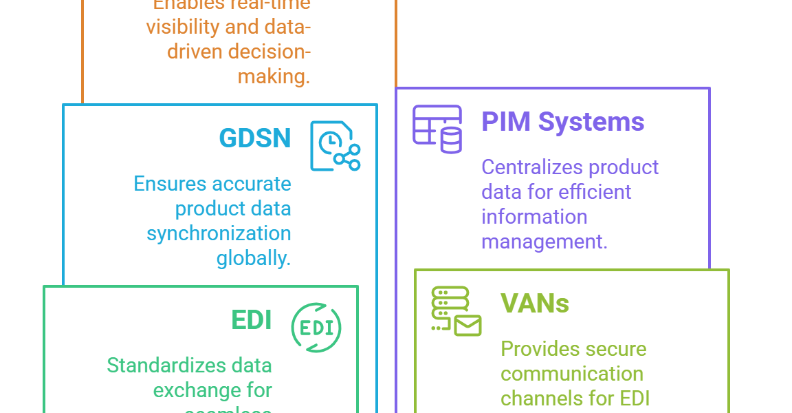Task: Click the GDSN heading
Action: [254, 138]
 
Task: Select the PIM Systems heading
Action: [562, 123]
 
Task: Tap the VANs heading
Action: [535, 304]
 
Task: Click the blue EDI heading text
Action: [252, 320]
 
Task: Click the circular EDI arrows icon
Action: [316, 327]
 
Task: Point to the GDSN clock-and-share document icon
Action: [335, 146]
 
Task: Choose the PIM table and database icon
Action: [437, 129]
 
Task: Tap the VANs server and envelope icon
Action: [456, 312]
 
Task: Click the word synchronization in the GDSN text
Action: [219, 233]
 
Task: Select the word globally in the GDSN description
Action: [254, 258]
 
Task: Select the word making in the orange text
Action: [274, 76]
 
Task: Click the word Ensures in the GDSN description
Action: [170, 184]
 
